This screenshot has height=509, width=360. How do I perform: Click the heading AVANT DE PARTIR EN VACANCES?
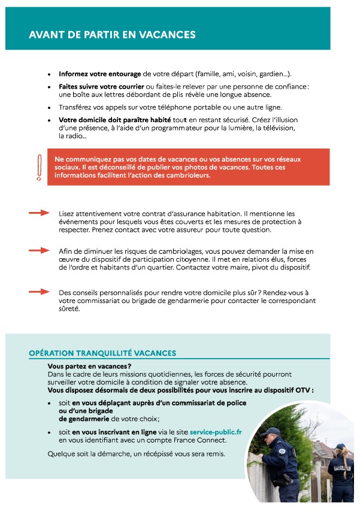pos(112,35)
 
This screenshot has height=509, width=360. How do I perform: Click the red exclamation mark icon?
pos(40,168)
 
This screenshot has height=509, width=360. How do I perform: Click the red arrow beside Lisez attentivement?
pos(39,213)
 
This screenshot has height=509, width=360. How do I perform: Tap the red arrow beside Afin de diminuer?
pos(39,250)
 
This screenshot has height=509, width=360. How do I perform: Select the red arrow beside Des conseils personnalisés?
pos(39,292)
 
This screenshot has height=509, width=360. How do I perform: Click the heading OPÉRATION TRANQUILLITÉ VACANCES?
pos(102,354)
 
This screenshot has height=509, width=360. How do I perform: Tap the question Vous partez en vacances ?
pos(89,366)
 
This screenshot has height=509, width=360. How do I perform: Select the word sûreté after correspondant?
pos(69,310)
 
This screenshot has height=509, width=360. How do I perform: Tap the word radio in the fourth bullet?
pos(66,137)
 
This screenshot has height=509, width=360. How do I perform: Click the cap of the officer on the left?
pos(270,432)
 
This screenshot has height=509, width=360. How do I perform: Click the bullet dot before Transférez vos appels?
pos(49,108)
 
